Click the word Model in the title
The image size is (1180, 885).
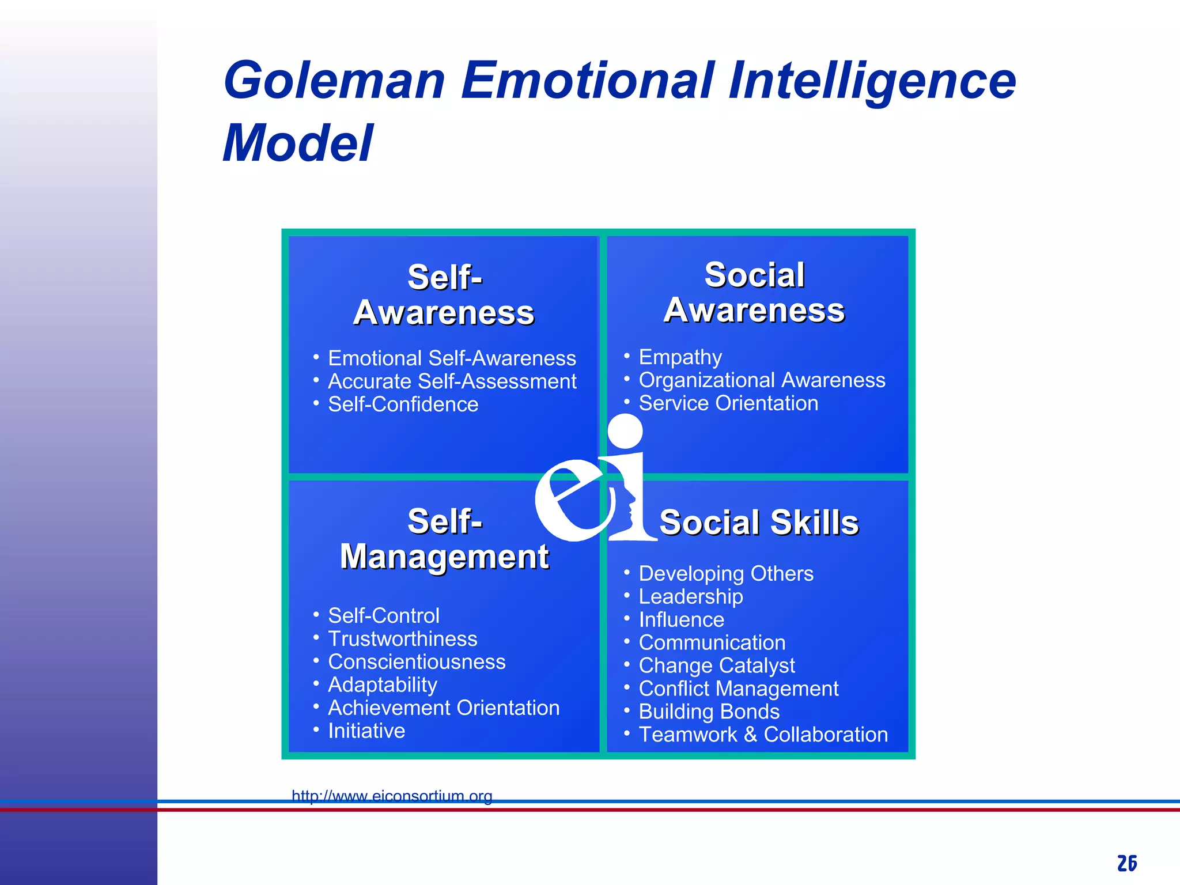pyautogui.click(x=298, y=143)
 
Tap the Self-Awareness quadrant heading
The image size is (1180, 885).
pyautogui.click(x=444, y=295)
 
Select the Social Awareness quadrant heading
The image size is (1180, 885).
pyautogui.click(x=754, y=293)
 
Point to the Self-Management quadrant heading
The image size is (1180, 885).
pyautogui.click(x=444, y=539)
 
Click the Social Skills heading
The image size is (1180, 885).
pyautogui.click(x=759, y=523)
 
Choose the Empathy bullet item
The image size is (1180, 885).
pyautogui.click(x=680, y=357)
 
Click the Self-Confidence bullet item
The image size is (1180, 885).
pyautogui.click(x=403, y=404)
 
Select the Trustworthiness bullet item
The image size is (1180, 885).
pyautogui.click(x=402, y=639)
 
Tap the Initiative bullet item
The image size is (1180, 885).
pyautogui.click(x=366, y=731)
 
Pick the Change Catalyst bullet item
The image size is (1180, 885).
pyautogui.click(x=717, y=666)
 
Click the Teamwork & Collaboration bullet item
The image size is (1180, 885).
pyautogui.click(x=763, y=735)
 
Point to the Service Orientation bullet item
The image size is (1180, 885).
pyautogui.click(x=728, y=403)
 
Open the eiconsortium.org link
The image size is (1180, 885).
pyautogui.click(x=392, y=796)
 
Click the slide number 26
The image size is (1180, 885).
pyautogui.click(x=1127, y=863)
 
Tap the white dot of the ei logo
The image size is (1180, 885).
pyautogui.click(x=625, y=432)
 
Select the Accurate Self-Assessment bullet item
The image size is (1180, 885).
pyautogui.click(x=452, y=381)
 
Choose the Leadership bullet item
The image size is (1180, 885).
pyautogui.click(x=690, y=597)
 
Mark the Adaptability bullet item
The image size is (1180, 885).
pyautogui.click(x=382, y=685)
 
